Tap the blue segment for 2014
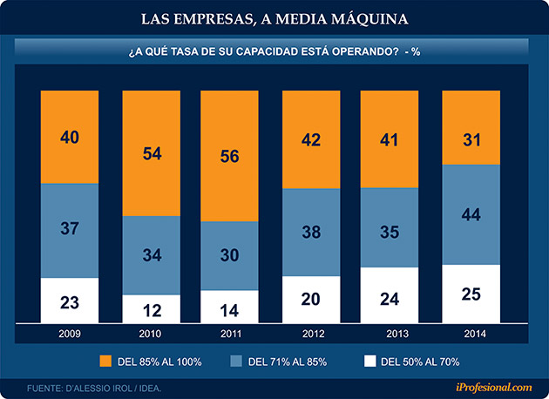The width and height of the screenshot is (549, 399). pyautogui.click(x=471, y=214)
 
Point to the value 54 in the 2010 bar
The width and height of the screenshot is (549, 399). pyautogui.click(x=151, y=154)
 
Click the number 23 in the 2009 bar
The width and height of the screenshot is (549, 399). pyautogui.click(x=71, y=305)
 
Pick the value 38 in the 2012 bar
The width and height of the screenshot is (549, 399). pyautogui.click(x=311, y=233)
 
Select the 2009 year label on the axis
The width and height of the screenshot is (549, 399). pyautogui.click(x=71, y=333)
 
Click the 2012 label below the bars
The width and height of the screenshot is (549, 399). pyautogui.click(x=311, y=333)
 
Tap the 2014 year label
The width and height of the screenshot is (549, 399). pyautogui.click(x=471, y=333)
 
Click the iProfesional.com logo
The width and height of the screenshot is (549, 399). pyautogui.click(x=492, y=387)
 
